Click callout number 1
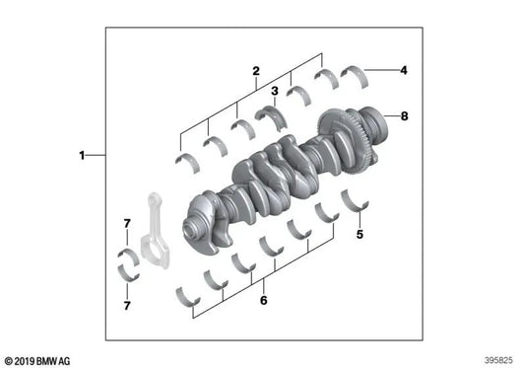click(x=82, y=155)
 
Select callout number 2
click(x=255, y=70)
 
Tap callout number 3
click(x=275, y=91)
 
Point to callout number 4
click(x=402, y=70)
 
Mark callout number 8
click(x=402, y=115)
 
